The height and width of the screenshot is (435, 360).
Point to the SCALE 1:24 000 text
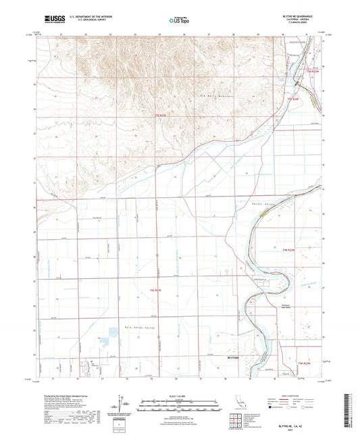pyautogui.click(x=180, y=396)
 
